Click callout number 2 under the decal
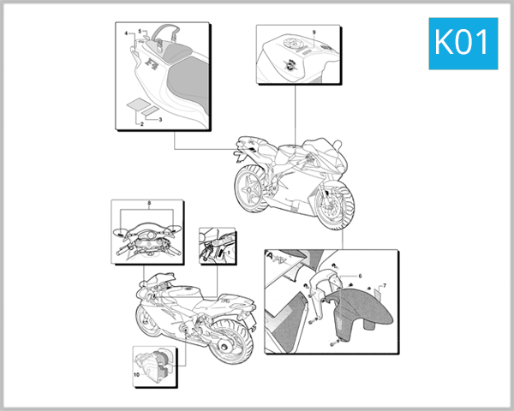(140, 124)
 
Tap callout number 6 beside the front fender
(360, 276)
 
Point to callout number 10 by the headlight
(135, 375)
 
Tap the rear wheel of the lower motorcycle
(230, 343)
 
